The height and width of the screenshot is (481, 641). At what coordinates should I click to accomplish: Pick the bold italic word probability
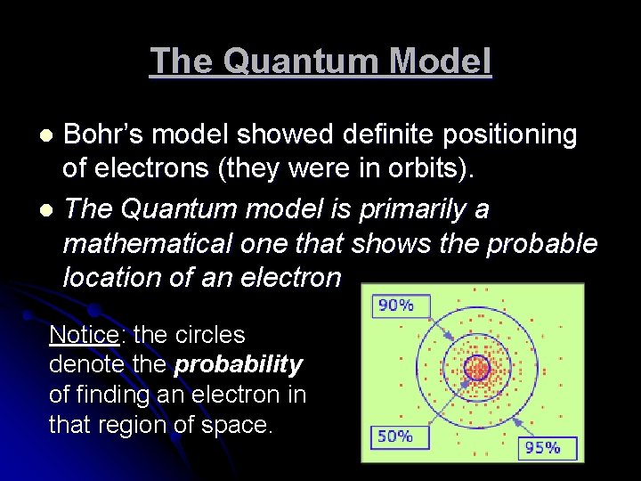point(239,365)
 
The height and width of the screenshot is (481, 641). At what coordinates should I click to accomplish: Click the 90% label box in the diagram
point(395,306)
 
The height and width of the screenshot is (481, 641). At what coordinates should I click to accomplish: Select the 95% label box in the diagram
point(541,447)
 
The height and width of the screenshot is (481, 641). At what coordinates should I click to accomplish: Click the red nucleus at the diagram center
point(477,367)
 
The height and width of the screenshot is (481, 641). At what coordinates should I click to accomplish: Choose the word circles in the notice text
point(212,335)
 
